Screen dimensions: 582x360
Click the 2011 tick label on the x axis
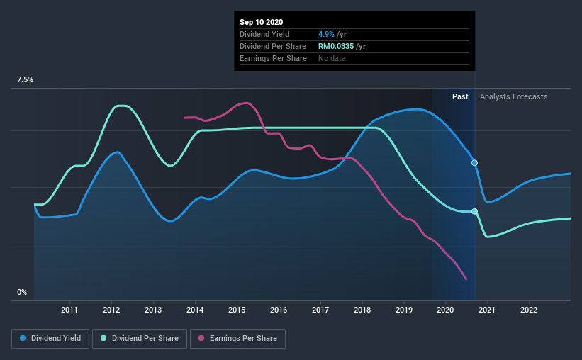click(x=69, y=310)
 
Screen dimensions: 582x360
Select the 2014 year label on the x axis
click(x=195, y=310)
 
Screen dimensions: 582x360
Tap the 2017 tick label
click(x=320, y=310)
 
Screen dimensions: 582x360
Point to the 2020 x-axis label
click(x=445, y=310)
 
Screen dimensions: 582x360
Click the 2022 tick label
click(x=529, y=310)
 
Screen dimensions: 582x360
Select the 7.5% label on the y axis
click(x=25, y=79)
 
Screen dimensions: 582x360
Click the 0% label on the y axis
click(x=22, y=292)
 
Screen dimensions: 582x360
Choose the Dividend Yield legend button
click(x=50, y=339)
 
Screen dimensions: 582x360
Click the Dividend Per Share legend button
click(x=140, y=339)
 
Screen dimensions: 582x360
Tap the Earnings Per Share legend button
click(x=237, y=339)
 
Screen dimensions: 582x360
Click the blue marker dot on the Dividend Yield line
click(x=474, y=163)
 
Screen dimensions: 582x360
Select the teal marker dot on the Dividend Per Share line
click(x=474, y=212)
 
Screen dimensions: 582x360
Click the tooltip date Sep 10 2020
click(x=262, y=22)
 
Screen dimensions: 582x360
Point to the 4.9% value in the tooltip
click(x=326, y=34)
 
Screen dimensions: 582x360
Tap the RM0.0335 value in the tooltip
click(x=336, y=46)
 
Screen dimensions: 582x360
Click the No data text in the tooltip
click(x=332, y=58)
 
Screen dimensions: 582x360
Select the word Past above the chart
click(x=460, y=96)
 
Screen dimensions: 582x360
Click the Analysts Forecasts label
click(x=514, y=96)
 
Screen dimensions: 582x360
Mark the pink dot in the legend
click(x=201, y=338)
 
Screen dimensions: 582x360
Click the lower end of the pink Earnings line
click(x=466, y=279)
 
